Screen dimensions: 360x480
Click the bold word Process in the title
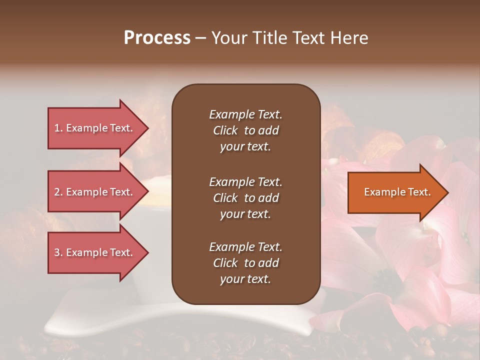(157, 38)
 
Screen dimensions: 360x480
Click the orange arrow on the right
(395, 192)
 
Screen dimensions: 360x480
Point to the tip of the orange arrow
(447, 192)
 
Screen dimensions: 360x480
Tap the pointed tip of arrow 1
(147, 128)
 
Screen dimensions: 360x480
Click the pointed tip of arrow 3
(147, 252)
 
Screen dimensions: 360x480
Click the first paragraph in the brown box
(245, 130)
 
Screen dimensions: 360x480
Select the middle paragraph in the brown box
(245, 198)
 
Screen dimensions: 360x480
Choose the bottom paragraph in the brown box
(245, 263)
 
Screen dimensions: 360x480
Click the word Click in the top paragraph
(225, 130)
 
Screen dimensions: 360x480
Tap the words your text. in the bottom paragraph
(245, 279)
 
